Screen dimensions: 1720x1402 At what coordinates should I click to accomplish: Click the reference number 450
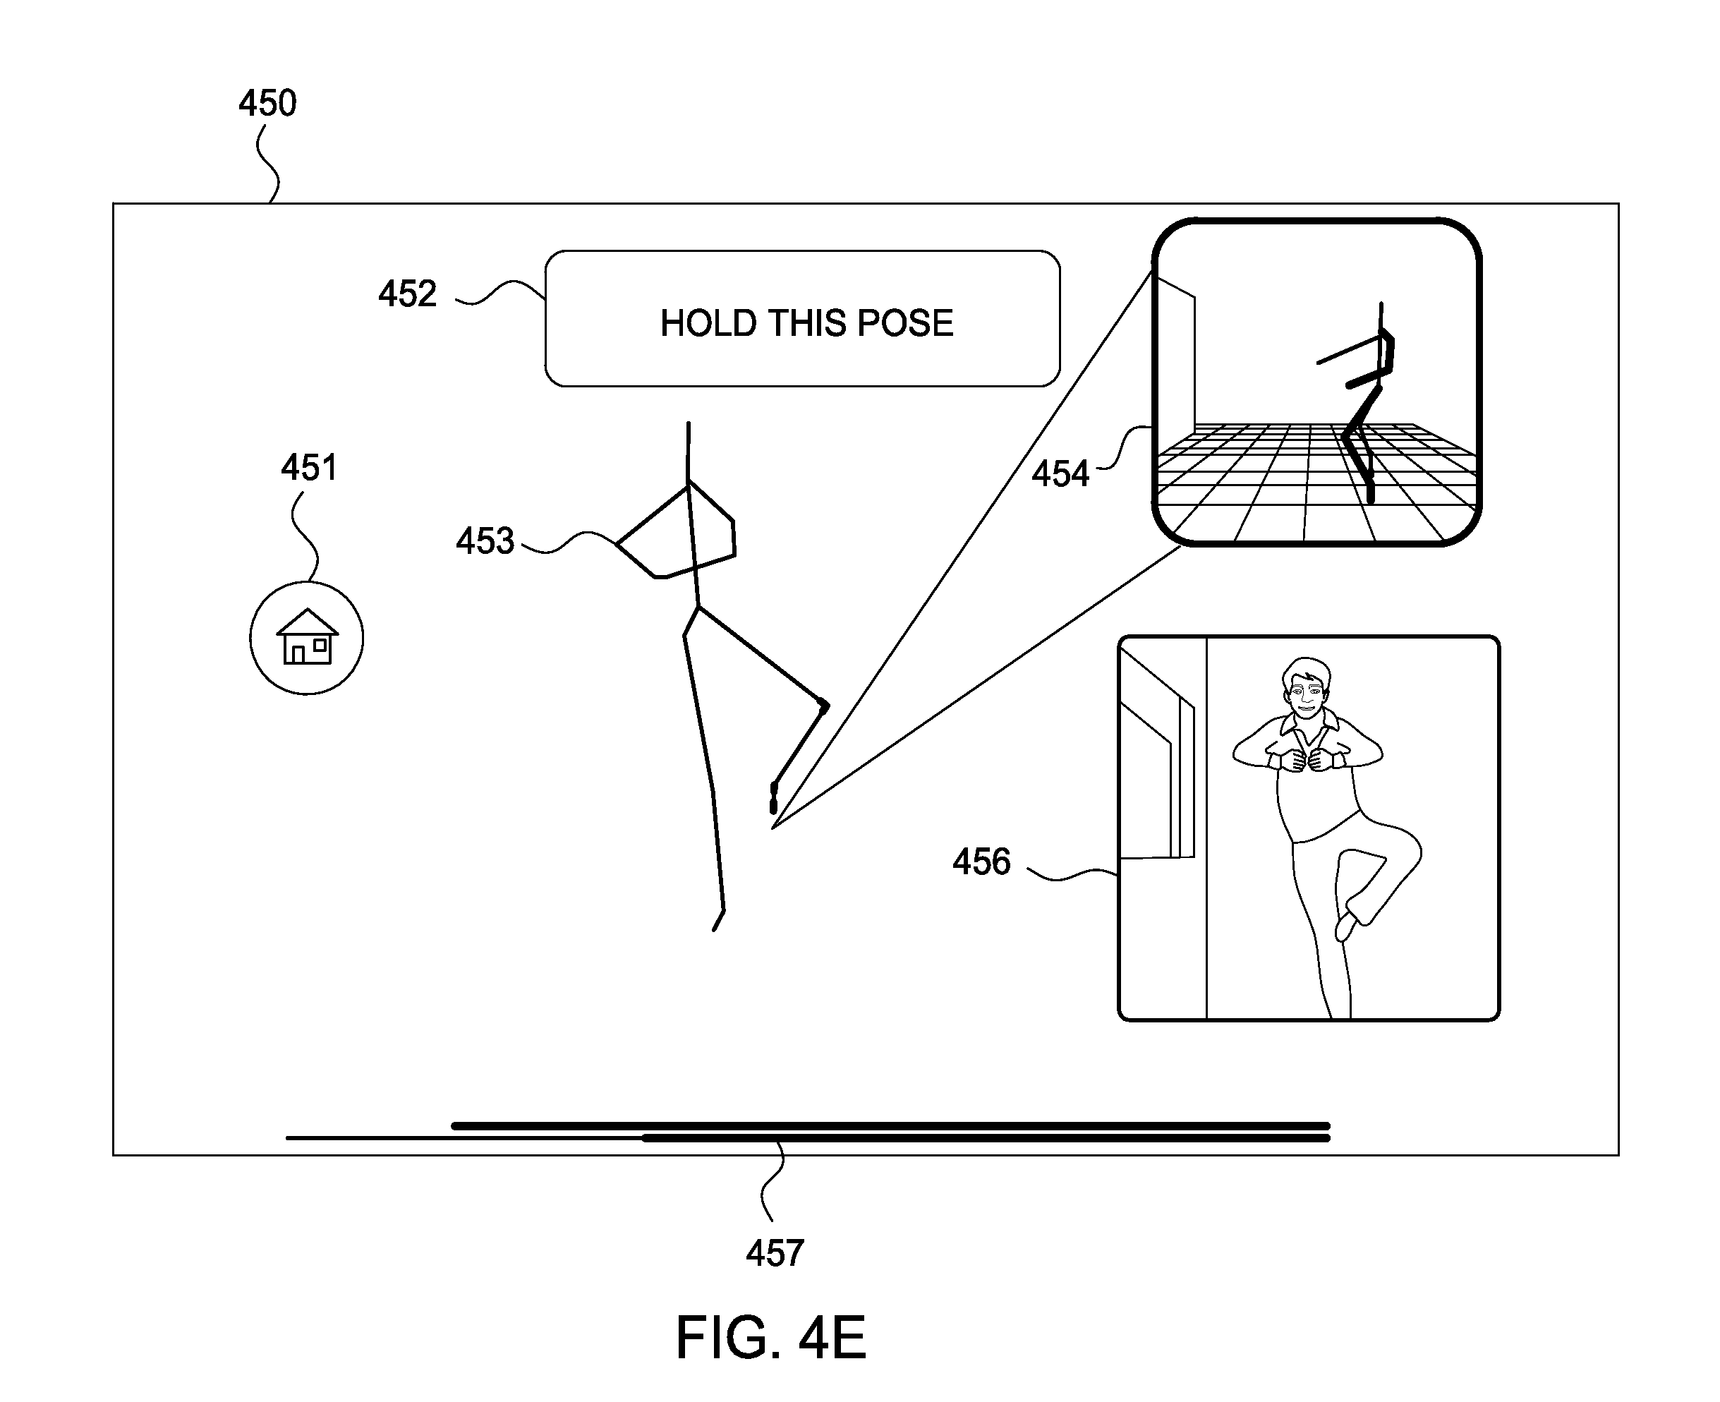coord(267,104)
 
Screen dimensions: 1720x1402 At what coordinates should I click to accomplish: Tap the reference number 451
coord(309,468)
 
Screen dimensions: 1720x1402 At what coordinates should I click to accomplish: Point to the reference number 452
coord(408,294)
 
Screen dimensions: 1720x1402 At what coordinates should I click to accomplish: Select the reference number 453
coord(485,541)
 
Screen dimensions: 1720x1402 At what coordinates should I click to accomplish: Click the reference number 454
coord(1060,474)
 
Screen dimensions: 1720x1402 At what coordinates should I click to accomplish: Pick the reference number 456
coord(981,862)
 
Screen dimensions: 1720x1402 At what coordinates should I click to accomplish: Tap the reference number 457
coord(775,1253)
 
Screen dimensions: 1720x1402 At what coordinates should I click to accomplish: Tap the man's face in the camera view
coord(1305,692)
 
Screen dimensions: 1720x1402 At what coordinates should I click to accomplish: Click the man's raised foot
coord(1346,926)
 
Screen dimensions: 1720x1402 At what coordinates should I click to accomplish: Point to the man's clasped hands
coord(1307,760)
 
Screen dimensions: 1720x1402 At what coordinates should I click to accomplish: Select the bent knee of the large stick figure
coord(823,706)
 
